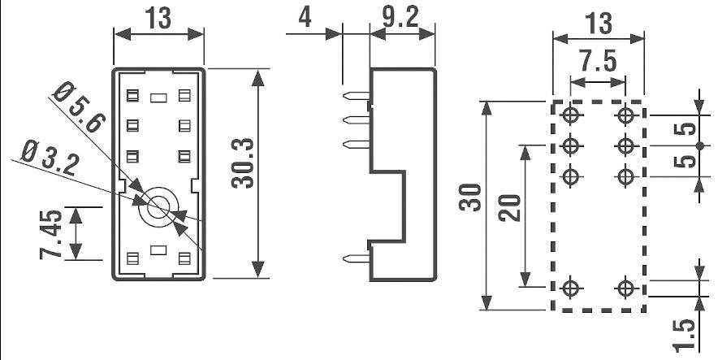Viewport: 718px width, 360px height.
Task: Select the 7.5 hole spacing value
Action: point(598,61)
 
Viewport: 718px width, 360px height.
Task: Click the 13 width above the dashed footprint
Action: point(598,23)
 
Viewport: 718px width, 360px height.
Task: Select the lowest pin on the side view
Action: point(357,259)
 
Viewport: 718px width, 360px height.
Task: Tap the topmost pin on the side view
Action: point(357,97)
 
